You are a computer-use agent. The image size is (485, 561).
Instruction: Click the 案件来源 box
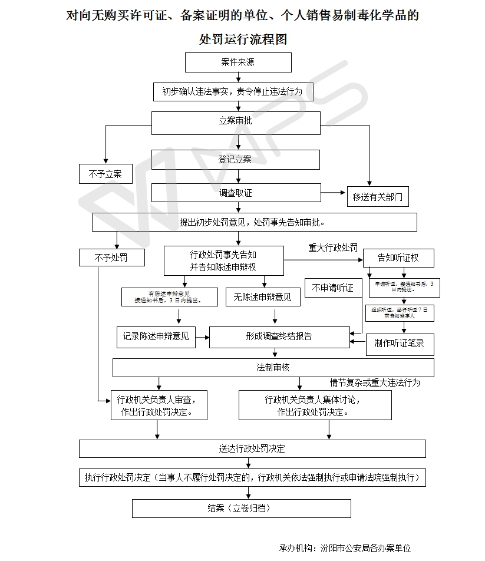click(x=238, y=62)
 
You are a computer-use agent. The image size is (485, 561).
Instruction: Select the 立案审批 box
click(x=235, y=121)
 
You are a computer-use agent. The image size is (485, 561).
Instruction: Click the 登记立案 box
click(x=235, y=160)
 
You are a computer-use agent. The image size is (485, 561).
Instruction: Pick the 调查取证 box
click(x=235, y=193)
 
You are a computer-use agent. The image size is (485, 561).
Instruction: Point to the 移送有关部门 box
click(x=377, y=197)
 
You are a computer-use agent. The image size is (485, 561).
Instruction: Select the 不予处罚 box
click(x=111, y=258)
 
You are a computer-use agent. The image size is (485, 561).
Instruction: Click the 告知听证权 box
click(x=398, y=258)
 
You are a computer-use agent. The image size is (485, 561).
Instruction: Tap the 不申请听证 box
click(x=333, y=288)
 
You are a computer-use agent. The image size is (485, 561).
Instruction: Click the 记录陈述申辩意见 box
click(x=156, y=336)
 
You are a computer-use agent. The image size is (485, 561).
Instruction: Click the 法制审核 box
click(x=273, y=368)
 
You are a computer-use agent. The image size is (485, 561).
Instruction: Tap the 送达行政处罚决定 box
click(x=252, y=448)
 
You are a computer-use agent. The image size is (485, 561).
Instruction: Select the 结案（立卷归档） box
click(x=241, y=508)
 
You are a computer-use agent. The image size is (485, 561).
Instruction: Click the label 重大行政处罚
click(x=333, y=248)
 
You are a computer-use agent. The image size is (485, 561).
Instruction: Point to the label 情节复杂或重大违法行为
click(x=375, y=383)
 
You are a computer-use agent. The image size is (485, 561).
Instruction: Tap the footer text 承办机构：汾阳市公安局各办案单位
click(x=345, y=548)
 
